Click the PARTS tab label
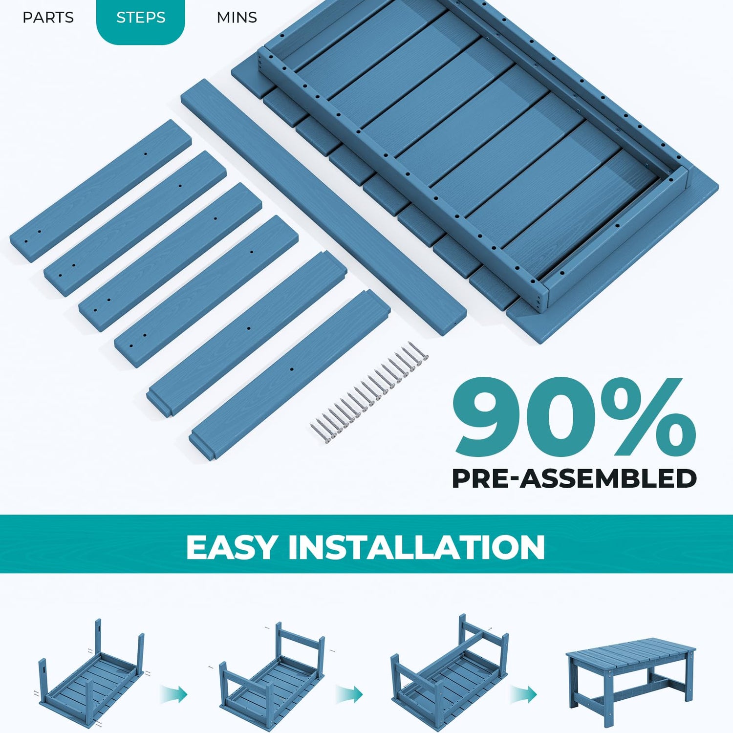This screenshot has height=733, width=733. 48,18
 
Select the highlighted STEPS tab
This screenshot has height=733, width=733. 141,18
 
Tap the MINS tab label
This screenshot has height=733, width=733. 237,18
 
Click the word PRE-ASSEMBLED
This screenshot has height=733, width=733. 574,478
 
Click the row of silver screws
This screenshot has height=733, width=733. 369,392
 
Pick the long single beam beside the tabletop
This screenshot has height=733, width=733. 323,207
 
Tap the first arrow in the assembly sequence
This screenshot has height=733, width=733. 174,694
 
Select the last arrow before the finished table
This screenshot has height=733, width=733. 524,694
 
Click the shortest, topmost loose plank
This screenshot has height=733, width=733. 101,191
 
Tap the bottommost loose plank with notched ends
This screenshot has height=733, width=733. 290,375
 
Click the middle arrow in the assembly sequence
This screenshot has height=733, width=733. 349,694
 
